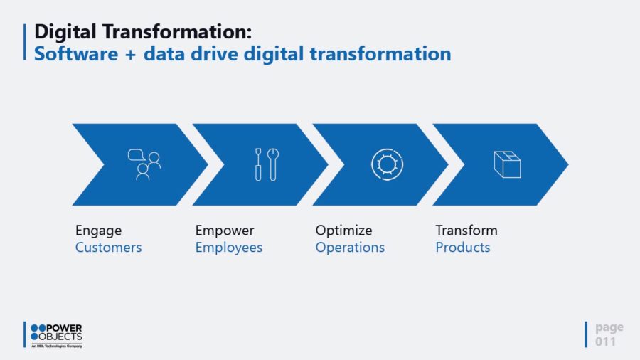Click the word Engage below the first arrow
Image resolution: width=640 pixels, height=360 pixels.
[98, 231]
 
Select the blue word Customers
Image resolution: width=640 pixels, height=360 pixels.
[109, 248]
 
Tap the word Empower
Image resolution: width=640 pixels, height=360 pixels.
[225, 231]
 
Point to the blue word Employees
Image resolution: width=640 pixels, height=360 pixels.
[229, 248]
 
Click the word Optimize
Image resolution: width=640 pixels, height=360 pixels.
[343, 231]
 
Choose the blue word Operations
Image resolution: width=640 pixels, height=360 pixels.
[350, 248]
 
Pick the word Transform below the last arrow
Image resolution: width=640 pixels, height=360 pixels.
[466, 231]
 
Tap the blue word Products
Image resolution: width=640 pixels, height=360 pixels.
[463, 248]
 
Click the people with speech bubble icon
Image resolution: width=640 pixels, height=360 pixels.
[144, 164]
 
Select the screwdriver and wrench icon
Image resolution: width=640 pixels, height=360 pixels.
[267, 164]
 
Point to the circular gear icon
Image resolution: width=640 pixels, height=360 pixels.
[388, 164]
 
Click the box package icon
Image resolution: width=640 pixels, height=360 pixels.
[507, 164]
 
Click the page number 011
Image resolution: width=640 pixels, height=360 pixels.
[605, 342]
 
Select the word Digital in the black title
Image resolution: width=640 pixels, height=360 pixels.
[65, 32]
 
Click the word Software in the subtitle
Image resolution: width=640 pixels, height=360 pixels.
[76, 54]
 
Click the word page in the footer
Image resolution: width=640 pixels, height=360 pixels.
[609, 328]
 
